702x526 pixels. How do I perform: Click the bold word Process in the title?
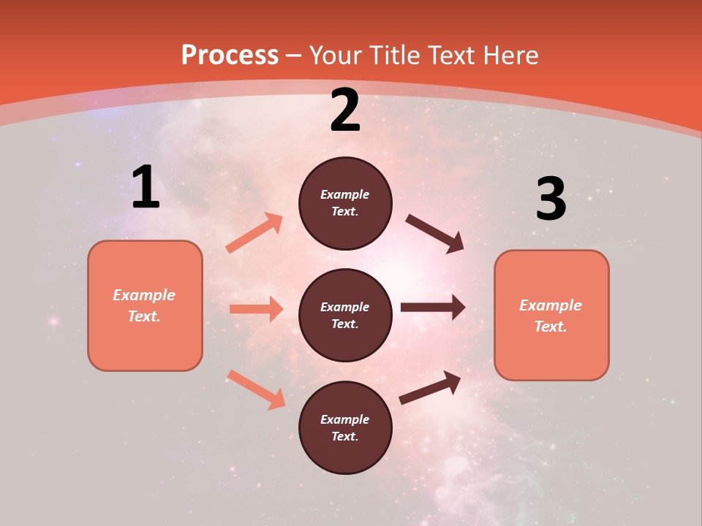click(x=230, y=56)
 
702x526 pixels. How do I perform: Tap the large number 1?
click(x=146, y=187)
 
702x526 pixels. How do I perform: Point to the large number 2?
click(x=345, y=110)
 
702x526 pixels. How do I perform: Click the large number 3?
click(x=551, y=199)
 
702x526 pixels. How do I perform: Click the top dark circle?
click(x=345, y=203)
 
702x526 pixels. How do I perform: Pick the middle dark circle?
click(x=345, y=315)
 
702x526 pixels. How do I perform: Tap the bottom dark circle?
click(x=345, y=427)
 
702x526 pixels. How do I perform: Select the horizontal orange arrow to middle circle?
click(x=256, y=309)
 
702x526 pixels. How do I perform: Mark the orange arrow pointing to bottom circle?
click(x=256, y=389)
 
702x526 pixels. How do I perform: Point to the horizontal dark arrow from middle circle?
click(x=433, y=308)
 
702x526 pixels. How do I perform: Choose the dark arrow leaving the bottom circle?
click(x=430, y=388)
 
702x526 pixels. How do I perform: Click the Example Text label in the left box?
click(x=144, y=305)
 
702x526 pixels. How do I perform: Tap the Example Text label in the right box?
click(x=551, y=316)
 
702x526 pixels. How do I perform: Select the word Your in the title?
click(x=336, y=56)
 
